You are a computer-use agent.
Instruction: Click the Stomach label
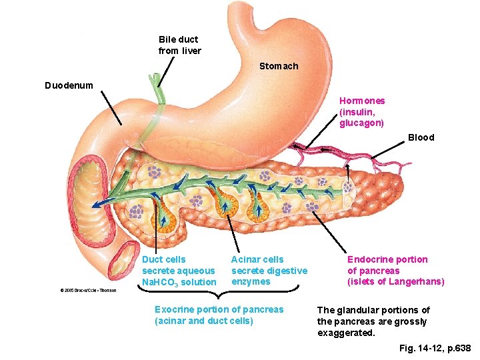[279, 66]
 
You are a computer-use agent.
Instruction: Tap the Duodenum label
[69, 85]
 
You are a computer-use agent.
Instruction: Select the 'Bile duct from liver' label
[179, 45]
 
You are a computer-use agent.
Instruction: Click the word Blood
[421, 137]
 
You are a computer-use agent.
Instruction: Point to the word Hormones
[362, 101]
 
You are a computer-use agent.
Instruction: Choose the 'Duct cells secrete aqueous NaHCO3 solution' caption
[179, 271]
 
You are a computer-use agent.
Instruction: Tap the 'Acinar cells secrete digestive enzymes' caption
[269, 270]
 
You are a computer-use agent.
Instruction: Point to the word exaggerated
[347, 333]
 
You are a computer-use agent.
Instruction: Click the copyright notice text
[89, 290]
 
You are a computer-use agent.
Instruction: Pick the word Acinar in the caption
[245, 259]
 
